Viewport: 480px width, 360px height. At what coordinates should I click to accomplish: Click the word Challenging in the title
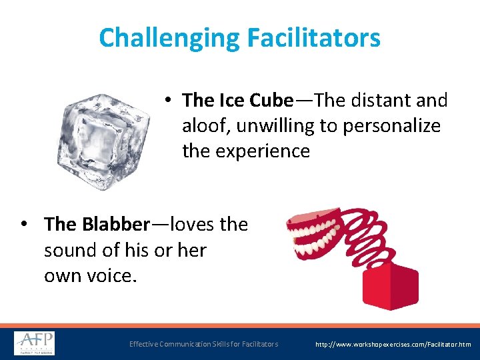point(169,37)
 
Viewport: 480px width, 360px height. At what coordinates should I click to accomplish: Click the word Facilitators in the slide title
point(313,37)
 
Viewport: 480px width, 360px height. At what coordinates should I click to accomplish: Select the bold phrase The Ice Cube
point(237,101)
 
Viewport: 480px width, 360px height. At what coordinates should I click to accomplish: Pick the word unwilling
point(286,126)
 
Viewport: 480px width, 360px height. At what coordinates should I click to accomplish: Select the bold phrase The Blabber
point(97,224)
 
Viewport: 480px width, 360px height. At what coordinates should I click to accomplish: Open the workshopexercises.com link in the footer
point(393,344)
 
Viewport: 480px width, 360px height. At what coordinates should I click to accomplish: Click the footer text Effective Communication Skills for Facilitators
point(203,344)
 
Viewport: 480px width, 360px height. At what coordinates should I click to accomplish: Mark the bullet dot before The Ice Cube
point(170,101)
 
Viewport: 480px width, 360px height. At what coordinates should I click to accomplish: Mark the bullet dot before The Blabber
point(25,224)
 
